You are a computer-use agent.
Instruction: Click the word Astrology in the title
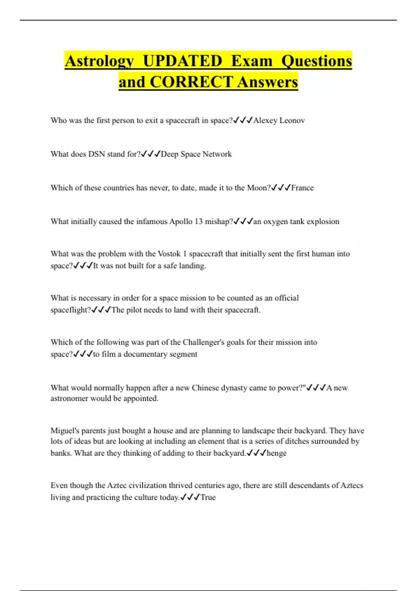pyautogui.click(x=99, y=62)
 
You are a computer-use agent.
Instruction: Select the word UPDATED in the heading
pyautogui.click(x=182, y=61)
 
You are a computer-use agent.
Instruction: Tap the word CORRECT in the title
pyautogui.click(x=191, y=82)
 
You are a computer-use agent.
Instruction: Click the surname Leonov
pyautogui.click(x=292, y=120)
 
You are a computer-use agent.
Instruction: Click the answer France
pyautogui.click(x=302, y=188)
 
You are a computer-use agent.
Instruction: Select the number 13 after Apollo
pyautogui.click(x=198, y=221)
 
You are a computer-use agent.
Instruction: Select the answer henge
pyautogui.click(x=277, y=453)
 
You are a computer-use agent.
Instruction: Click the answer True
pyautogui.click(x=208, y=497)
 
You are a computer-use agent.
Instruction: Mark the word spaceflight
pyautogui.click(x=70, y=310)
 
